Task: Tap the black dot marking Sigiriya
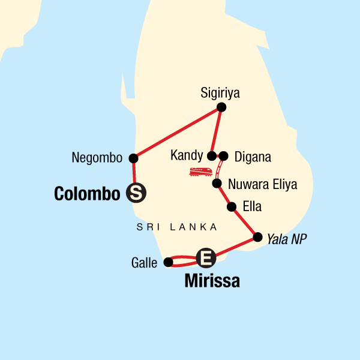coord(221,107)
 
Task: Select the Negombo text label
coord(97,158)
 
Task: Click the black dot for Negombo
coord(133,158)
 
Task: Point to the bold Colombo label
coord(87,193)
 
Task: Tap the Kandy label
coord(187,156)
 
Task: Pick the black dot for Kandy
coord(212,156)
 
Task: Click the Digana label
coord(253,157)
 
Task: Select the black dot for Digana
coord(223,156)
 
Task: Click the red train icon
coord(200,172)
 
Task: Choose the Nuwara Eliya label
coord(263,184)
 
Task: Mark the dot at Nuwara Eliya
coord(217,184)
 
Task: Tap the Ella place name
coord(253,207)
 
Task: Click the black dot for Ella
coord(232,207)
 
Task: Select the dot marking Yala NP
coord(258,237)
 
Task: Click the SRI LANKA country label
coord(176,227)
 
